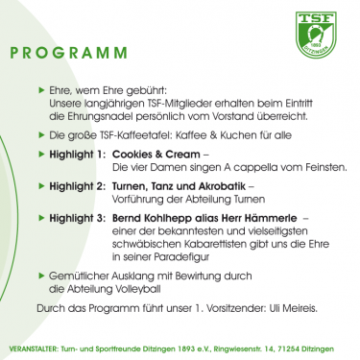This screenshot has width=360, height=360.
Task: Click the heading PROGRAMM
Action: [x=73, y=51]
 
